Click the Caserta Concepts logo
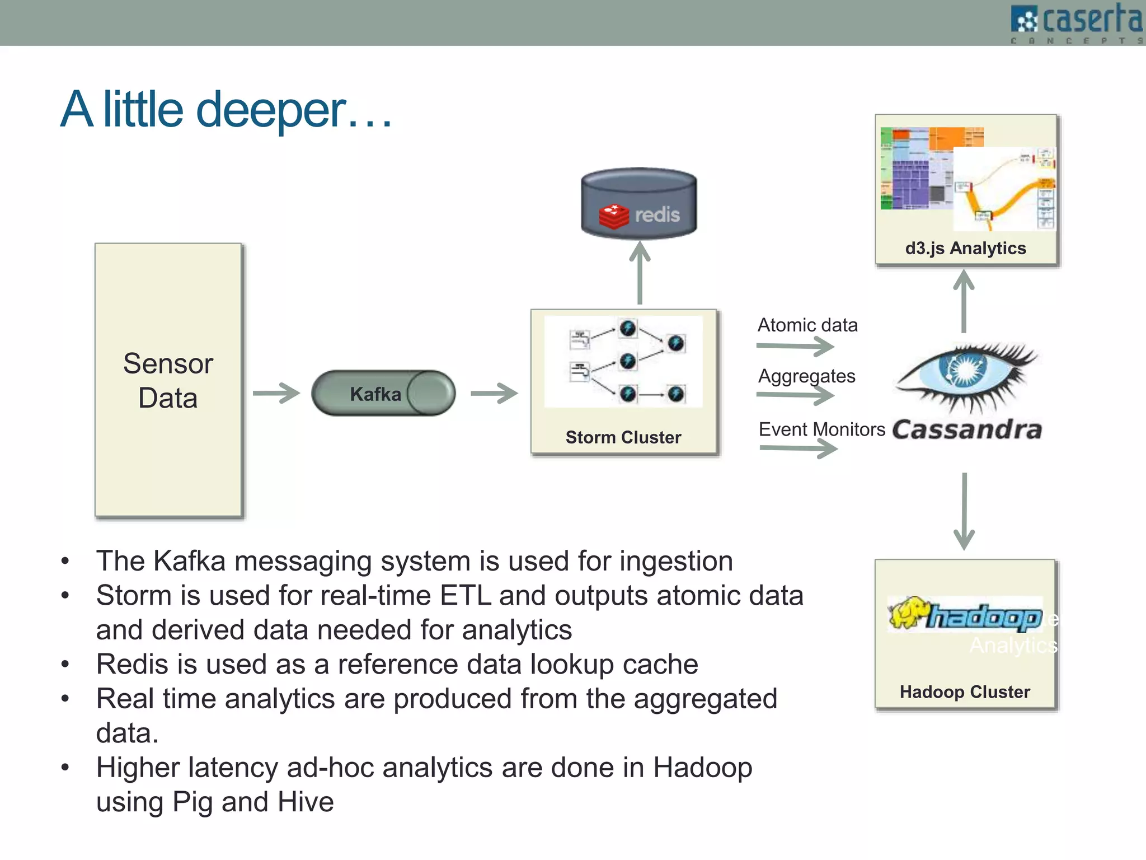[1077, 22]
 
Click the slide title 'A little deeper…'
[226, 110]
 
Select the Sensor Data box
[168, 380]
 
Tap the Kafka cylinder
[383, 393]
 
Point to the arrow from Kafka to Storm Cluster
[494, 393]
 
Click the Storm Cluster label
[623, 437]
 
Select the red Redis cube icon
[613, 216]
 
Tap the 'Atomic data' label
[807, 325]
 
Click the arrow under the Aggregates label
[795, 395]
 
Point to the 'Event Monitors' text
[821, 429]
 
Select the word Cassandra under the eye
[967, 430]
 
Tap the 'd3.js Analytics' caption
[965, 248]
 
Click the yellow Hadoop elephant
[907, 613]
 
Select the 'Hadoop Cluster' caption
[964, 692]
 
